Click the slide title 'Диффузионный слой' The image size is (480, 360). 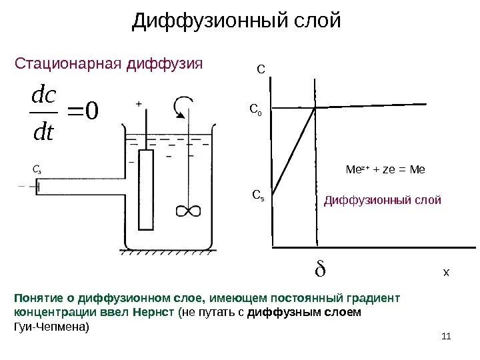tap(237, 21)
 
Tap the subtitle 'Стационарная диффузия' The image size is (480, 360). tap(108, 64)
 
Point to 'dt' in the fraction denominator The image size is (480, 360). tap(44, 131)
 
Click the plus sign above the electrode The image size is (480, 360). tap(139, 103)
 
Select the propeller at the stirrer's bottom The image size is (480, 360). tap(187, 211)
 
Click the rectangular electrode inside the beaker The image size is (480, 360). tap(146, 189)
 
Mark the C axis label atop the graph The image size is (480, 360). tap(261, 69)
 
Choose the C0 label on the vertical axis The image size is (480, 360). tap(255, 111)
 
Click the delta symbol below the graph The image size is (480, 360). tap(319, 271)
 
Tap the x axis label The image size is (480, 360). tap(447, 273)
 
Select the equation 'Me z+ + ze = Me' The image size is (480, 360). tap(385, 170)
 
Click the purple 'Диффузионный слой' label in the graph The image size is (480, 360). tap(382, 200)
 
